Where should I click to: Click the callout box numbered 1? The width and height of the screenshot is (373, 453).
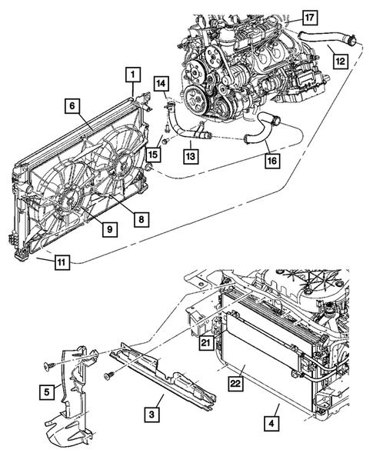(x=132, y=74)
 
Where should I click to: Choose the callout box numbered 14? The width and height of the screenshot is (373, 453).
(x=162, y=83)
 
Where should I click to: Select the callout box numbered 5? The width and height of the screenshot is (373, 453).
(x=48, y=393)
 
